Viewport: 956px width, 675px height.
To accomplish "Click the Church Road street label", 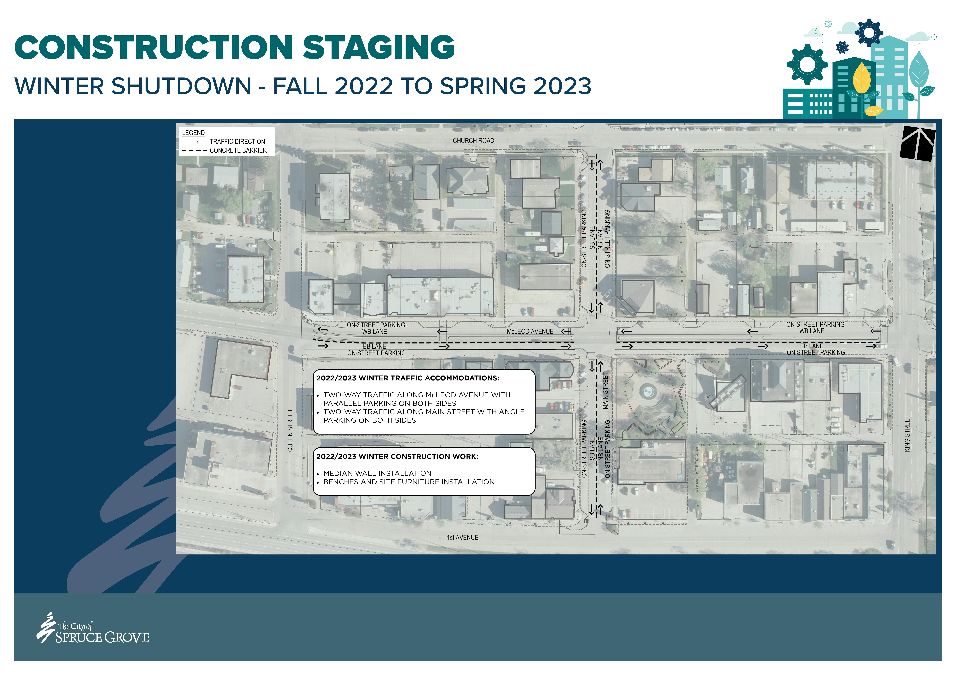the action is coord(473,141).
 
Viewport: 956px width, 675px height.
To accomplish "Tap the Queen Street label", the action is coord(290,430).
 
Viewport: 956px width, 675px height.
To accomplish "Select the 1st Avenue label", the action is coord(463,538).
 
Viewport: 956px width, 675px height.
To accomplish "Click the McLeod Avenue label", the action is coord(530,331).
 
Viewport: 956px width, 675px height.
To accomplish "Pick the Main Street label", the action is coord(606,390).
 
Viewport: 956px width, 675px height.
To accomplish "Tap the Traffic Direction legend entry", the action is coord(237,142).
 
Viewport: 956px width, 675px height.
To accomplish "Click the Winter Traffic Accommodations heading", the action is coord(408,378).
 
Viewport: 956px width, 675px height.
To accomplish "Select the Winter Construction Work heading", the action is coord(397,456).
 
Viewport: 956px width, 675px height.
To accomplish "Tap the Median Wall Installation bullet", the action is coord(377,473).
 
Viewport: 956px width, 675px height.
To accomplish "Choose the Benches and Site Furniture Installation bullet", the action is coord(409,482).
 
